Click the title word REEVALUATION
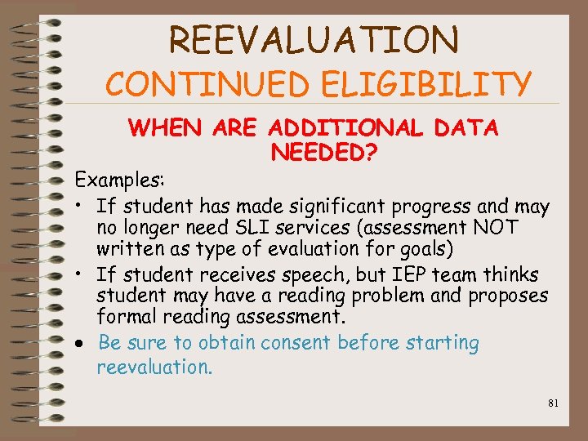pyautogui.click(x=314, y=39)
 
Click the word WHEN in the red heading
pyautogui.click(x=166, y=128)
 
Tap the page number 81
pyautogui.click(x=554, y=403)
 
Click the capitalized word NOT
pyautogui.click(x=492, y=228)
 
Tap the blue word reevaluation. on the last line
pyautogui.click(x=154, y=367)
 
